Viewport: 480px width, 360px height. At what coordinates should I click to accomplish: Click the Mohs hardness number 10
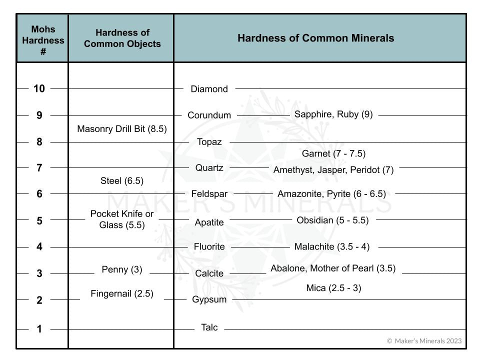pos(39,89)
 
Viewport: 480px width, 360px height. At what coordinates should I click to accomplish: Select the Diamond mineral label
pos(209,89)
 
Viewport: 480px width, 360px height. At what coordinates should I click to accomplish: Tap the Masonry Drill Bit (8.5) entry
pos(122,129)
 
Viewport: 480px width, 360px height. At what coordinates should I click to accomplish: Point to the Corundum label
pos(209,115)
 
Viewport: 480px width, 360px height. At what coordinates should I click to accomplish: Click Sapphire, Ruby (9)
pos(333,114)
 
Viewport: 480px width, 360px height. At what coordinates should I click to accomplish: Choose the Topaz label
pos(209,142)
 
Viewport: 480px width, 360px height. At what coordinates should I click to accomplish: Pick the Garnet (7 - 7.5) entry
pos(333,154)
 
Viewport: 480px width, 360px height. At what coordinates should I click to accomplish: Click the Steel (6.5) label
pos(122,181)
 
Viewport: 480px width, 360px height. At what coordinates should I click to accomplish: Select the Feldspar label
pos(209,194)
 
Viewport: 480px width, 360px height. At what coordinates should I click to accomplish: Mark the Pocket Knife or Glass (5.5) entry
pos(122,219)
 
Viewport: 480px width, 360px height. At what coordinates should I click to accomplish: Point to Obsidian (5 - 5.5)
pos(332,220)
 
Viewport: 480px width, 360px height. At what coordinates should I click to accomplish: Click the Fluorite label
pos(209,247)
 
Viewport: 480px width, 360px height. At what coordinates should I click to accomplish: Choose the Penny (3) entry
pos(122,270)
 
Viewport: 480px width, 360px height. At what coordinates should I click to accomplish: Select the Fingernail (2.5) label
pos(122,294)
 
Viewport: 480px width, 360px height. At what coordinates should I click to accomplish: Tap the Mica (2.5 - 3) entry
pos(333,288)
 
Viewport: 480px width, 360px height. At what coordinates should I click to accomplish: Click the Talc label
pos(209,328)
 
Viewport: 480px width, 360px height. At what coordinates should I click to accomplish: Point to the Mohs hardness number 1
pos(39,329)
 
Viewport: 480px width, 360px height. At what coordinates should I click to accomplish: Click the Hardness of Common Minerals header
pos(315,38)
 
